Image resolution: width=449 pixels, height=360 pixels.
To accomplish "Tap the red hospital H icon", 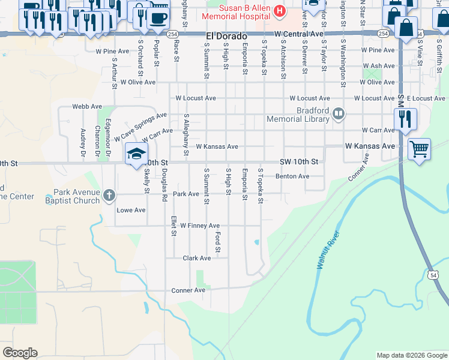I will (279, 10).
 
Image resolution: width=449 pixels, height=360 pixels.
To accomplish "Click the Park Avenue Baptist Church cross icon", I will (109, 195).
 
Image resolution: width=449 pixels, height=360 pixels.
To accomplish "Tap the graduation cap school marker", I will (136, 153).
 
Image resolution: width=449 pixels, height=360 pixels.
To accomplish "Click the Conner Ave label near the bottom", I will (188, 290).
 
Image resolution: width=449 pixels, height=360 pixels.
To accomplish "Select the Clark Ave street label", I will (197, 258).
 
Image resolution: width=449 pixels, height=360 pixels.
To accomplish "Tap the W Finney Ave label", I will (200, 226).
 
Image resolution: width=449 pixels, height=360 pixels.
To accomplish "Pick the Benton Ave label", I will (292, 176).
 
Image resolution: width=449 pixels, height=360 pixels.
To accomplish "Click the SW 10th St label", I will (299, 162).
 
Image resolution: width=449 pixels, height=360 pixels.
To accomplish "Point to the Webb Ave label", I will (87, 106).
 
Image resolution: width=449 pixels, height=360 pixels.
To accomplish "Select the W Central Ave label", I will (299, 35).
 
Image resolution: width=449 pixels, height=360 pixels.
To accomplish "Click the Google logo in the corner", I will (20, 353).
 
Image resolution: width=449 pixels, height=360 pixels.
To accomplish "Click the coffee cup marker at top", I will (158, 18).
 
